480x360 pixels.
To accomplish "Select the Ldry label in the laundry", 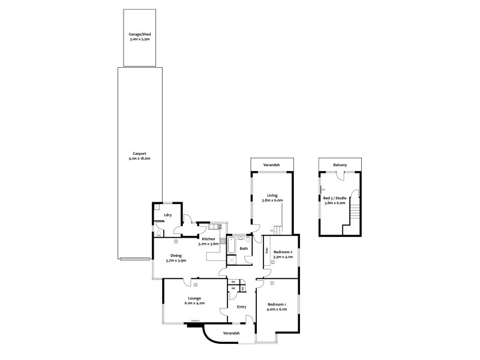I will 167,215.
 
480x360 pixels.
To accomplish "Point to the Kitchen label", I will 208,239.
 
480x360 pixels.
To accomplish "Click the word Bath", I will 244,248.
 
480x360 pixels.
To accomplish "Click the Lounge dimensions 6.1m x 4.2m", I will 194,303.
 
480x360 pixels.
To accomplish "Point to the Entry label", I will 241,307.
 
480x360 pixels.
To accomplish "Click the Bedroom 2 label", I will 283,251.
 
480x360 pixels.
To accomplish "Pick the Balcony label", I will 341,164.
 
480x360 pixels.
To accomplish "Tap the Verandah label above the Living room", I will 272,164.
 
